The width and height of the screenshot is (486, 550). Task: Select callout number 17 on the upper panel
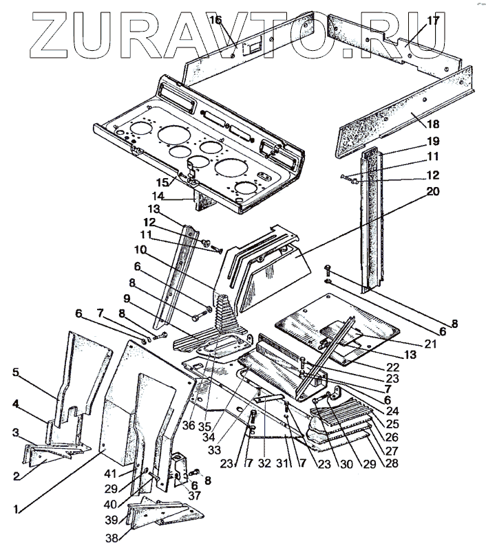click(x=433, y=21)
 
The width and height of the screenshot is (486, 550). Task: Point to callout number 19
click(x=433, y=142)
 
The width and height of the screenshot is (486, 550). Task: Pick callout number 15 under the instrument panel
click(x=162, y=183)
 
